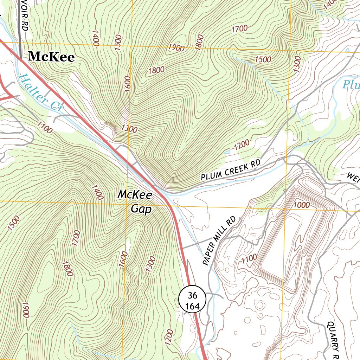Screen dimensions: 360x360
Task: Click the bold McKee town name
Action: [51, 57]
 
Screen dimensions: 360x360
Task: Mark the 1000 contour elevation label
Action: [301, 205]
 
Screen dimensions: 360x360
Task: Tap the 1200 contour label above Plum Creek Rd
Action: [241, 144]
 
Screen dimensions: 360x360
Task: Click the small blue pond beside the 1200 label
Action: [227, 152]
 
